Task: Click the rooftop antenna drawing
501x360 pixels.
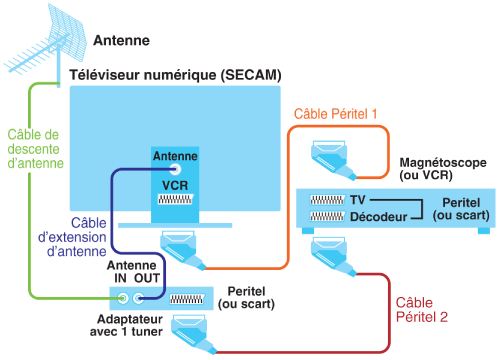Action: tap(50, 43)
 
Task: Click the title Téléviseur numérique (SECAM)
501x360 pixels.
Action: tap(175, 75)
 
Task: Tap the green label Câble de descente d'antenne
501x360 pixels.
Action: tap(35, 149)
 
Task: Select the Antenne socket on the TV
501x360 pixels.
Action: tap(175, 169)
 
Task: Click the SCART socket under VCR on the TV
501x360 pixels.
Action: tap(175, 199)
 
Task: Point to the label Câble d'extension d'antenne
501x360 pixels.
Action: tap(72, 237)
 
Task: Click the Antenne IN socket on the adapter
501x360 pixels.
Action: tap(123, 298)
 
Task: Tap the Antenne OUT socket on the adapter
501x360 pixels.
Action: tap(139, 298)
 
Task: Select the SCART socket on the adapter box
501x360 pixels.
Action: tap(187, 299)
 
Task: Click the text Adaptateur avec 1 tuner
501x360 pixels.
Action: tap(126, 325)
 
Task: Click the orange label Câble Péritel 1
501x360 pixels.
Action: tap(335, 114)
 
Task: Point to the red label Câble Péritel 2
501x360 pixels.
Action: tap(421, 310)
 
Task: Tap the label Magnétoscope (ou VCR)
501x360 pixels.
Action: tap(443, 169)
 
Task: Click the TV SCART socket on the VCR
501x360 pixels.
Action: tap(327, 200)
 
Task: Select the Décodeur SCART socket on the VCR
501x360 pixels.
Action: tap(327, 217)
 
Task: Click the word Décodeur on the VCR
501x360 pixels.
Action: tap(379, 217)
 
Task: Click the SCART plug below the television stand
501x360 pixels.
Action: tap(183, 249)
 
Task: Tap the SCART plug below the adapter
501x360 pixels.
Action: tap(193, 334)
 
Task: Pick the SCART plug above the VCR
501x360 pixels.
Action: tap(333, 160)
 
